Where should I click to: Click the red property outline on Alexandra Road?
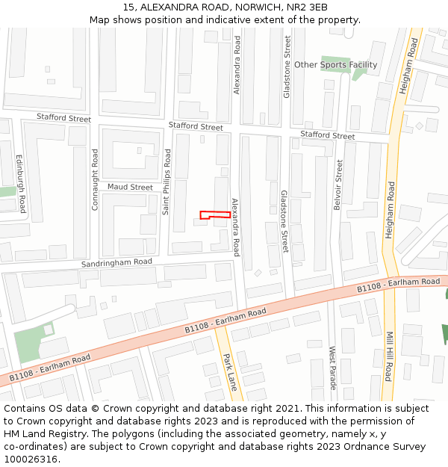tap(215, 215)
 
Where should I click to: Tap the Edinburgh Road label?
tap(21, 184)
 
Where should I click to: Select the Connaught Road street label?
tap(95, 179)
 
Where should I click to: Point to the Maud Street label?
tap(130, 187)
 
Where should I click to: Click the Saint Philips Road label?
tap(167, 182)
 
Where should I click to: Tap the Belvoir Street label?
tap(339, 185)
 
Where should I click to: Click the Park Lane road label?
tap(230, 371)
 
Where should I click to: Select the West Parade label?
tap(333, 367)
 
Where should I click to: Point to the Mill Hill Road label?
tap(388, 356)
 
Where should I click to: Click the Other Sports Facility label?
tap(335, 65)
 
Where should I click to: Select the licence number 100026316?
tap(31, 460)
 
